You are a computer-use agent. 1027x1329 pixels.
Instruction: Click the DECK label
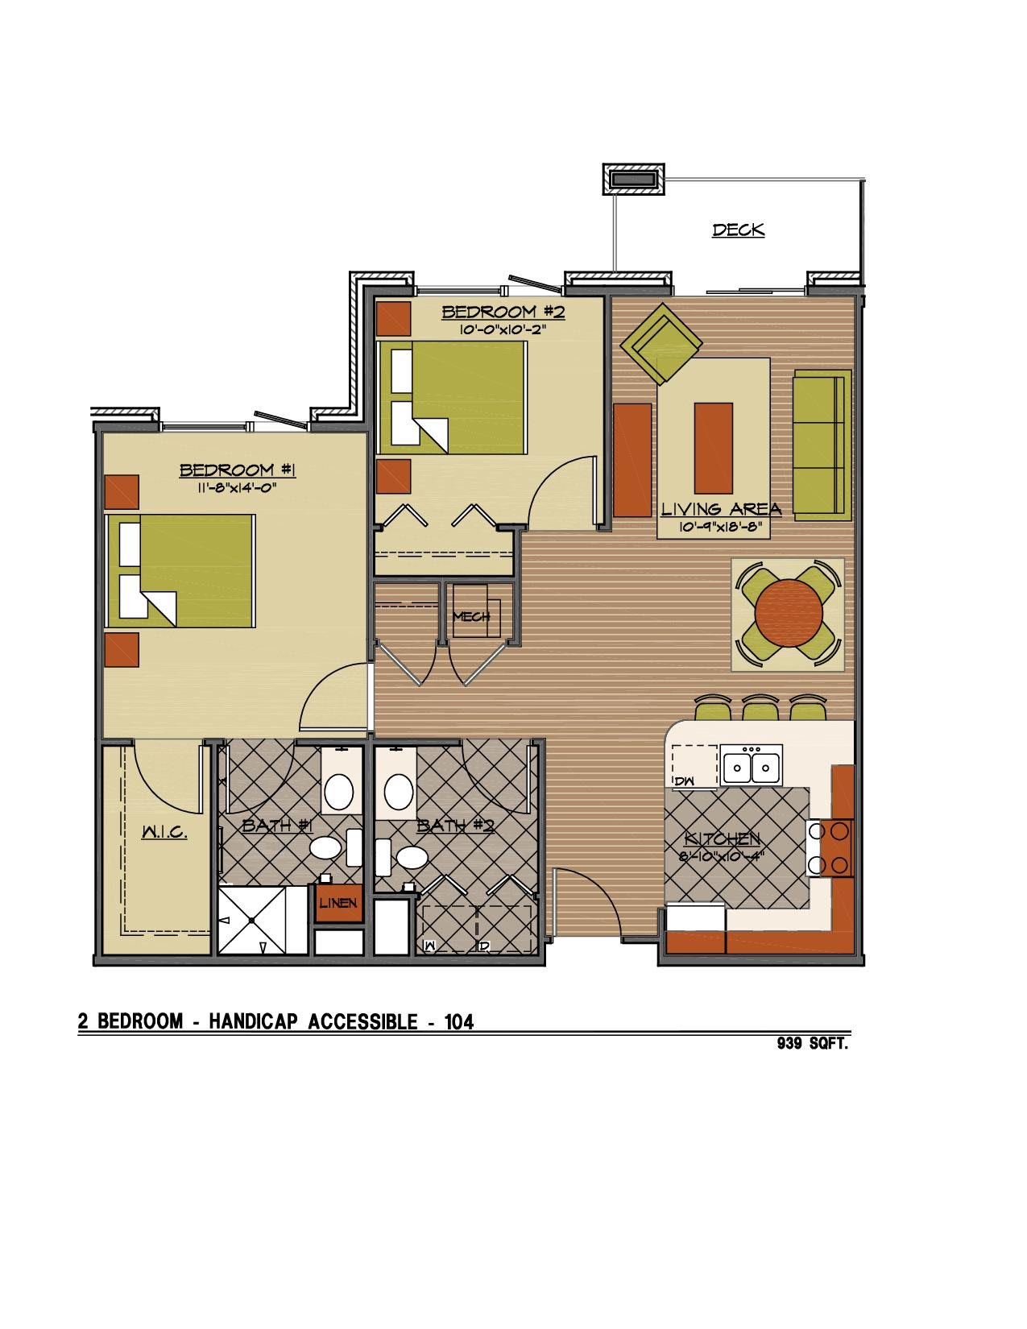(x=739, y=230)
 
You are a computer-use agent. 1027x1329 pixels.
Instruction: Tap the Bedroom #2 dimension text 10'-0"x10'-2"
(x=502, y=329)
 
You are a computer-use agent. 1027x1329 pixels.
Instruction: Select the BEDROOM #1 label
(x=238, y=470)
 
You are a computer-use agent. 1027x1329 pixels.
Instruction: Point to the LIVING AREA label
(x=721, y=508)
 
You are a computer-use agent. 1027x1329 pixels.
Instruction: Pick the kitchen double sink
(x=751, y=764)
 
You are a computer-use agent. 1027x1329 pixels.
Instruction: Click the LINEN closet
(x=338, y=903)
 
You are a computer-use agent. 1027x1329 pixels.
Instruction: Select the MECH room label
(x=471, y=616)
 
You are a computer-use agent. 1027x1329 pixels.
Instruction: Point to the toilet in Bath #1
(x=333, y=848)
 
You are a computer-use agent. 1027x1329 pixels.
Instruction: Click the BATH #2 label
(x=455, y=826)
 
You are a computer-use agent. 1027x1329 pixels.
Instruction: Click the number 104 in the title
(x=459, y=1021)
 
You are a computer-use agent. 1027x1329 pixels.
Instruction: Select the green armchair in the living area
(x=661, y=344)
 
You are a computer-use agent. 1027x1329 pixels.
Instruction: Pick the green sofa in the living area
(x=822, y=445)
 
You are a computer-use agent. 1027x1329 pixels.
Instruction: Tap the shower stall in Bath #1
(x=263, y=920)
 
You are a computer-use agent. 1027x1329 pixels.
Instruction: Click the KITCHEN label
(x=722, y=839)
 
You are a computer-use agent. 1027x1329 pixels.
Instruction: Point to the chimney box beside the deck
(x=633, y=180)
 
